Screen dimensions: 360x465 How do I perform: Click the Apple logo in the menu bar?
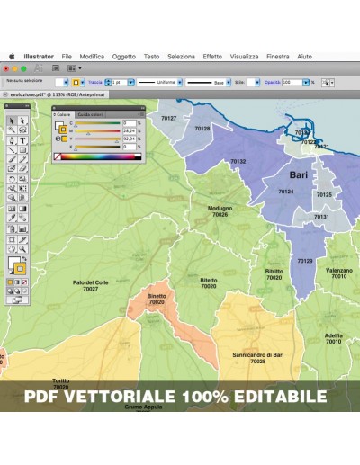coord(13,56)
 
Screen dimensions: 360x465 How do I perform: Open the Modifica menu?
coord(92,56)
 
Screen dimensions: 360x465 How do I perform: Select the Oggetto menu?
coord(124,56)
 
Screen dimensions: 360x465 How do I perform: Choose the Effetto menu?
coord(212,56)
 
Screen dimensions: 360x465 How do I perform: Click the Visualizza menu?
coord(244,56)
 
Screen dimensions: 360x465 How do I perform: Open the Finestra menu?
coord(278,56)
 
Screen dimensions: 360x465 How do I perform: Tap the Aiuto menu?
coord(305,56)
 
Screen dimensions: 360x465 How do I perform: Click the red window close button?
coord(6,67)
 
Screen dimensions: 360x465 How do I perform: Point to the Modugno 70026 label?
coord(220,211)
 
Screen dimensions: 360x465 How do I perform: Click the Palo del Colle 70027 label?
coord(90,285)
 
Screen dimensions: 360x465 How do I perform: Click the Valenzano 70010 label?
coord(338,273)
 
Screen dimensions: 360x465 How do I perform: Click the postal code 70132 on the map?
coord(238,161)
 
